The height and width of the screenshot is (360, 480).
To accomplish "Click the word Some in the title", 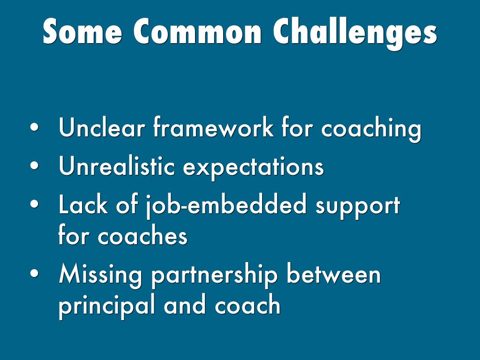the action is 82,31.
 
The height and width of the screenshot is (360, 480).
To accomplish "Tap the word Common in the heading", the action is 197,31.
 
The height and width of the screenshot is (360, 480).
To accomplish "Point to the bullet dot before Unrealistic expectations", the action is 35,165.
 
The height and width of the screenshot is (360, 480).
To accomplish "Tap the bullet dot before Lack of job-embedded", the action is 35,204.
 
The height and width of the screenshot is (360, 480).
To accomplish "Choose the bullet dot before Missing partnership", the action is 35,273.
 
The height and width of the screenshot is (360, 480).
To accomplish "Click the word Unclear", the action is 102,127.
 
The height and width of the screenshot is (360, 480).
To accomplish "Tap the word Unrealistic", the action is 117,165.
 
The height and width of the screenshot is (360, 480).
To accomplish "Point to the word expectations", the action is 253,168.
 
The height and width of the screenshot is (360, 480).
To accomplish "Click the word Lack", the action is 83,204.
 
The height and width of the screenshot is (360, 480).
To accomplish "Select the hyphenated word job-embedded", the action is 225,206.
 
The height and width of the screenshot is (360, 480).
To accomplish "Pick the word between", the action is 334,273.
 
